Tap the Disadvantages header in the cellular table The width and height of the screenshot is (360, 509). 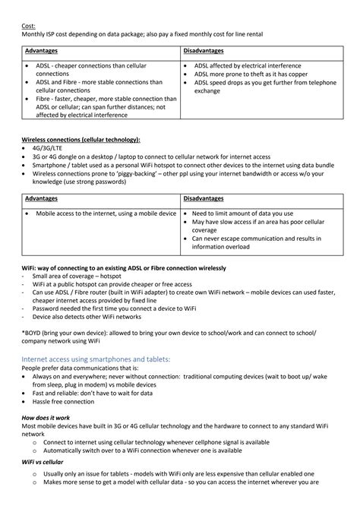tap(203, 198)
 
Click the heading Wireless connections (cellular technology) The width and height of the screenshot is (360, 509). tap(81, 140)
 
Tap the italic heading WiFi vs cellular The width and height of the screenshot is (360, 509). tap(43, 462)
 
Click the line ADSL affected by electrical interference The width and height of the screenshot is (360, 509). tap(247, 66)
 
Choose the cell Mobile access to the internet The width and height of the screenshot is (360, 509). tap(106, 213)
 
